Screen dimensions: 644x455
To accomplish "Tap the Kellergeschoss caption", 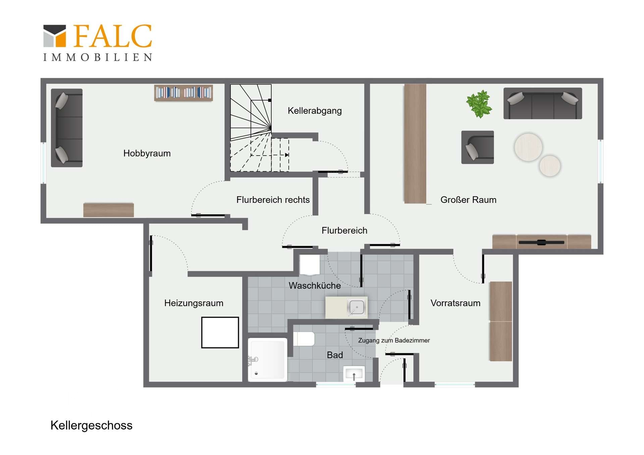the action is pyautogui.click(x=91, y=425).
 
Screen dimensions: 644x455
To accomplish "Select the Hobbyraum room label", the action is pyautogui.click(x=147, y=153).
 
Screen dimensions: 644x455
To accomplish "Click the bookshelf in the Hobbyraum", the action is pyautogui.click(x=183, y=93).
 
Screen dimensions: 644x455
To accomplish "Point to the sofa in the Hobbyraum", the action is pyautogui.click(x=67, y=128).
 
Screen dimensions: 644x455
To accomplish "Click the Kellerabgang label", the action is pyautogui.click(x=315, y=111).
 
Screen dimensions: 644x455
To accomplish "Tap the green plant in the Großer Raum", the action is pyautogui.click(x=479, y=104).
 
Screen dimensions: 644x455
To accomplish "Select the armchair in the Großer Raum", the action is pyautogui.click(x=477, y=147).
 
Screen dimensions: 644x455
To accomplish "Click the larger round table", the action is pyautogui.click(x=528, y=147).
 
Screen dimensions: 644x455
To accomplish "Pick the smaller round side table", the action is pyautogui.click(x=550, y=166).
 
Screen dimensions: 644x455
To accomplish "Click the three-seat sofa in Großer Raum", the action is pyautogui.click(x=543, y=103).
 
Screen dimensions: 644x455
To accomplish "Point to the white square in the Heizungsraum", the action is pyautogui.click(x=220, y=333).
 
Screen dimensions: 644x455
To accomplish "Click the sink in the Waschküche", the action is pyautogui.click(x=356, y=307).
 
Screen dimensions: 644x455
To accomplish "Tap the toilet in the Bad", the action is pyautogui.click(x=304, y=339).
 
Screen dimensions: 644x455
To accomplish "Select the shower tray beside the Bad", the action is pyautogui.click(x=267, y=359).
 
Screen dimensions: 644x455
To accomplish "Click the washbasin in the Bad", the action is pyautogui.click(x=354, y=374).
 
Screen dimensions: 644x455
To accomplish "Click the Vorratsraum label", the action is pyautogui.click(x=455, y=303).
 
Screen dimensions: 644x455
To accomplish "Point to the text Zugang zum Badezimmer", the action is pyautogui.click(x=394, y=340).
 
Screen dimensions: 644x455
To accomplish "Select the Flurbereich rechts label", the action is pyautogui.click(x=273, y=200).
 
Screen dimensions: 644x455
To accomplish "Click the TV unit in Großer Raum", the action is pyautogui.click(x=541, y=242).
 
